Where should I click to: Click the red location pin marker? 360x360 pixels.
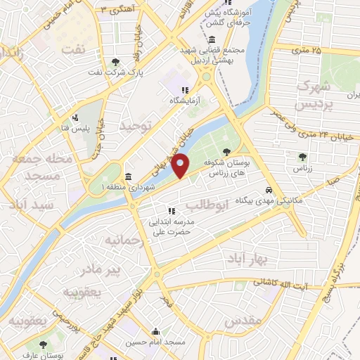click(x=181, y=166)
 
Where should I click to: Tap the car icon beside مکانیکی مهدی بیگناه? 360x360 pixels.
click(x=269, y=190)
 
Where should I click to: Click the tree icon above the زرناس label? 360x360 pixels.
click(x=302, y=157)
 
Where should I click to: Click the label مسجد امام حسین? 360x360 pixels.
click(x=156, y=342)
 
